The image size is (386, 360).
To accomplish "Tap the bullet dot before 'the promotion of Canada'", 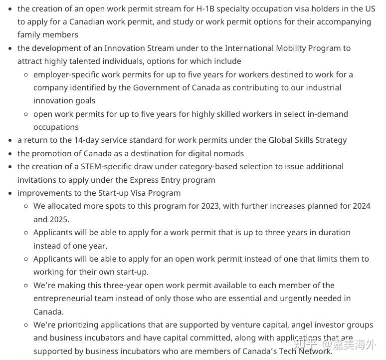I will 10,154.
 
